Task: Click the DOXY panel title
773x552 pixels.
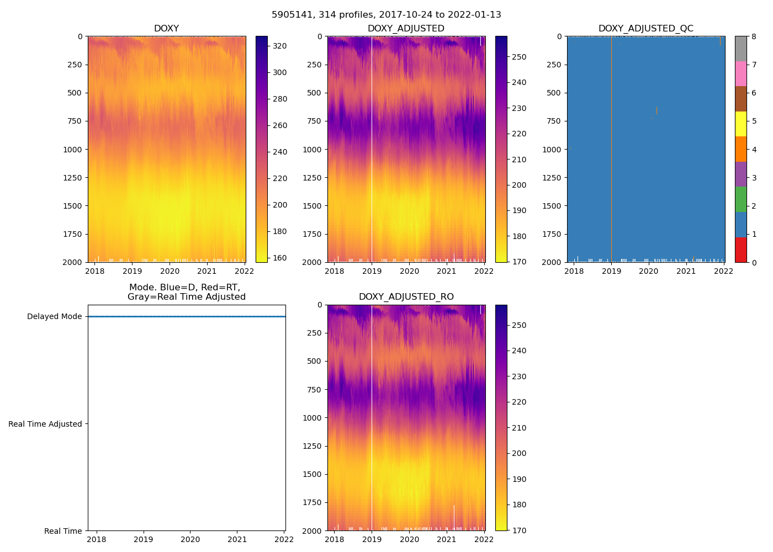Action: tap(166, 29)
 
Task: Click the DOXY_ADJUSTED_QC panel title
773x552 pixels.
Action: tap(645, 29)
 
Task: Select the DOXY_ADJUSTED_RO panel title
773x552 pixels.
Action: tap(406, 297)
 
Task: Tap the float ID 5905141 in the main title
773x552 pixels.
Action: tap(290, 15)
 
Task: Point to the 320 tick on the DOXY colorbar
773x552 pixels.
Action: tap(280, 46)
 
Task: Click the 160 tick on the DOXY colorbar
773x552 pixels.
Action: tap(280, 258)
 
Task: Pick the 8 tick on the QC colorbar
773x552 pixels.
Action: tap(754, 36)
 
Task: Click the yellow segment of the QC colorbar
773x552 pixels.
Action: tap(740, 124)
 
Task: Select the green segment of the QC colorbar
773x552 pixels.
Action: tap(740, 199)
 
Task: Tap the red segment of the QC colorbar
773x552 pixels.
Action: tap(740, 250)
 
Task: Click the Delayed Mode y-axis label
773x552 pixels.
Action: tap(54, 317)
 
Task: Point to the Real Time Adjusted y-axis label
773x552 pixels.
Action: tap(45, 424)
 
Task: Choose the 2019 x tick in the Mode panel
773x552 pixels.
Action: tap(144, 539)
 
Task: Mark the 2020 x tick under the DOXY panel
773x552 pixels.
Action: tap(170, 271)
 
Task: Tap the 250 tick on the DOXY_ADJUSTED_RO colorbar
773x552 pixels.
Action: tap(519, 325)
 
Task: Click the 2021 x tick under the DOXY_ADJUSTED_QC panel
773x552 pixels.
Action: tap(686, 271)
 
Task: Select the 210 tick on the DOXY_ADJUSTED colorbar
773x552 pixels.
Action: tap(519, 160)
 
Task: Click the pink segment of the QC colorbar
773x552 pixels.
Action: tap(740, 73)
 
